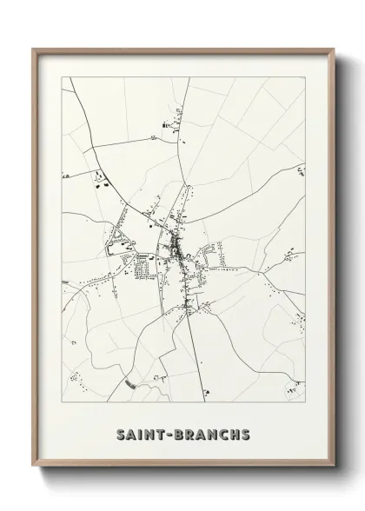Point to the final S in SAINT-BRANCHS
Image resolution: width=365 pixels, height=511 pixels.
[247, 433]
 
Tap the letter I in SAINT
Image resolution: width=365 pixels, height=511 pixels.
[138, 433]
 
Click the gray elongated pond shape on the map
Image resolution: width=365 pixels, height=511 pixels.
[129, 382]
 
